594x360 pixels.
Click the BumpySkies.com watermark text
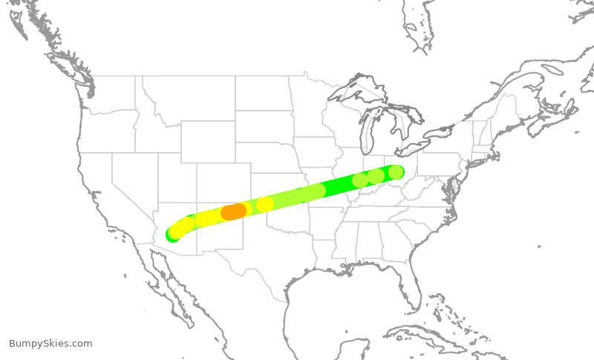tap(50, 344)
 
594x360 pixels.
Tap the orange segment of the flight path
tap(234, 212)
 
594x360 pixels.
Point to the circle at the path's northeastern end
tap(396, 172)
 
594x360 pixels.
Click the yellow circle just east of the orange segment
tap(264, 204)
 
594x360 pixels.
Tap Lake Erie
tap(420, 145)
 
